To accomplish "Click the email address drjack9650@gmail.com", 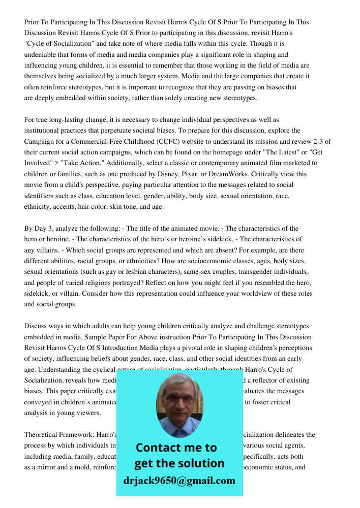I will [179, 481].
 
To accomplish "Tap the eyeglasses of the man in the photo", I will [179, 399].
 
